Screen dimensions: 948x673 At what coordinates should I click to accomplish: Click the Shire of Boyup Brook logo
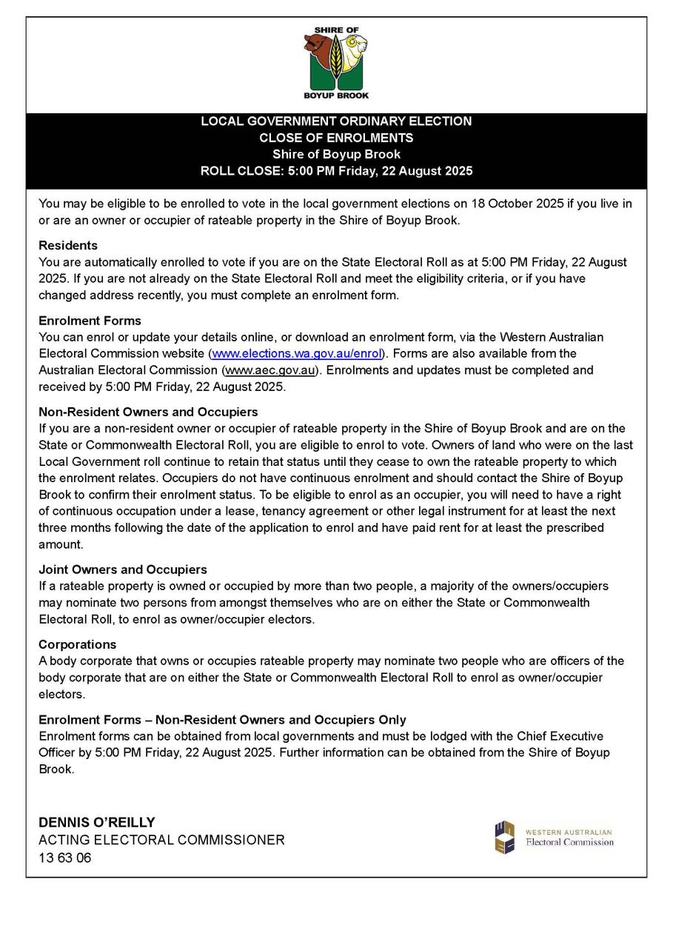(336, 63)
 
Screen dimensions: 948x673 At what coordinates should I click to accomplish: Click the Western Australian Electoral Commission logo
(555, 837)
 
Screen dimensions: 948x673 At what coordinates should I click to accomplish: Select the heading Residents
(68, 245)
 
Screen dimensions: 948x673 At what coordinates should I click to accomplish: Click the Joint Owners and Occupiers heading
(123, 570)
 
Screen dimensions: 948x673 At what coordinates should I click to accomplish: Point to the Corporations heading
(78, 644)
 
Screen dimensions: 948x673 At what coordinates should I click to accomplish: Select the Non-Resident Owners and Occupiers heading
(148, 412)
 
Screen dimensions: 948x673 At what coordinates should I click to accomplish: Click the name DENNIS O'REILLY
(97, 822)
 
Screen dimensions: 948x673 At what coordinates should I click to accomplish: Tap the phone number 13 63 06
(65, 858)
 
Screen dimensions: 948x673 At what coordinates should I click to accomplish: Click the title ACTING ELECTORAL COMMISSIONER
(161, 840)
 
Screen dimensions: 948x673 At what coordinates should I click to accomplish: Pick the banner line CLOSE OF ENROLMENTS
(336, 138)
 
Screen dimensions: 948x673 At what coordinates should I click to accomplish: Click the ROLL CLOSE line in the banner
(336, 171)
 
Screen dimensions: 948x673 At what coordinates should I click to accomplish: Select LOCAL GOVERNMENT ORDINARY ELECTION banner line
(336, 121)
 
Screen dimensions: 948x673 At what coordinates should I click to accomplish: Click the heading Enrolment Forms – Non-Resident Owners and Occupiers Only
(222, 720)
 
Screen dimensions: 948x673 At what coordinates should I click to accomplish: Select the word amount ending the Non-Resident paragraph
(59, 544)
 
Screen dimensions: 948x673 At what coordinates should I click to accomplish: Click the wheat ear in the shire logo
(336, 59)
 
